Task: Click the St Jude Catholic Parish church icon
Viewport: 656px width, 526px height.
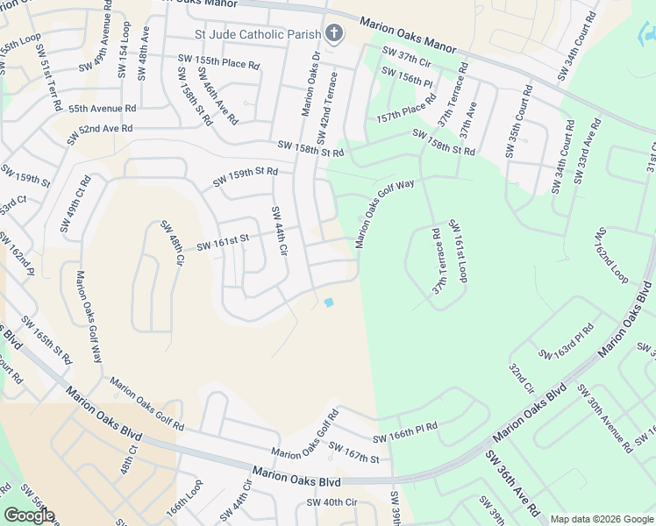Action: [333, 34]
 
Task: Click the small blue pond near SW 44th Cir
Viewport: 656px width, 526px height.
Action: [329, 302]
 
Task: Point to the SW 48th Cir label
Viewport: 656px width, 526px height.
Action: [171, 243]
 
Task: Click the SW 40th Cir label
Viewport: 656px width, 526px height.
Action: [332, 502]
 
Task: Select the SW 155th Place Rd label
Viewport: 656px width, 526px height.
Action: [218, 62]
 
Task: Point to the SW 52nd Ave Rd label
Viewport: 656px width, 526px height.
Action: [100, 128]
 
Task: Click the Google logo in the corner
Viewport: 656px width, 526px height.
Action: [29, 515]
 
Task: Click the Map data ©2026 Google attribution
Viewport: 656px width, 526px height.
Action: [602, 519]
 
